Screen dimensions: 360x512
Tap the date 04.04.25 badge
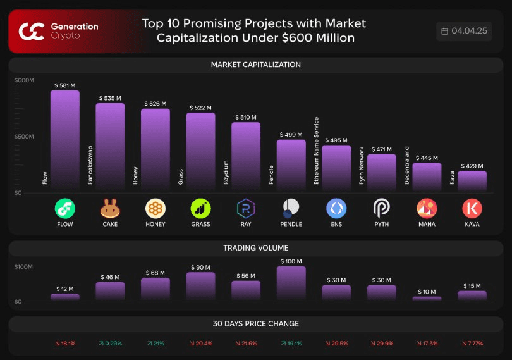464,31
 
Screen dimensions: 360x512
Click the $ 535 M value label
110,99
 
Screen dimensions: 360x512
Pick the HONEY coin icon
155,208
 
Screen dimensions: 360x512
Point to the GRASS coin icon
200,208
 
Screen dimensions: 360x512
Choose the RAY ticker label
246,224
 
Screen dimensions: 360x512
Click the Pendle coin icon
291,208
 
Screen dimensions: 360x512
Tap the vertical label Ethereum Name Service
317,151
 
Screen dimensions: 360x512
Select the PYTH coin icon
382,208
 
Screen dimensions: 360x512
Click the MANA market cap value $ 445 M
427,158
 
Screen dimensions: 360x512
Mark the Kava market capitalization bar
472,181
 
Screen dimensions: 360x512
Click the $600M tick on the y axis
24,80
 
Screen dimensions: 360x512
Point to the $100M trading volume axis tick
23,267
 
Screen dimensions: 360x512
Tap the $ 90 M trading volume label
200,268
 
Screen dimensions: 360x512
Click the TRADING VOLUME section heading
255,248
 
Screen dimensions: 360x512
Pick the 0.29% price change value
110,344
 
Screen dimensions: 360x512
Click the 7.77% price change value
472,344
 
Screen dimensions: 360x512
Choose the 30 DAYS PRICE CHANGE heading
255,324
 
